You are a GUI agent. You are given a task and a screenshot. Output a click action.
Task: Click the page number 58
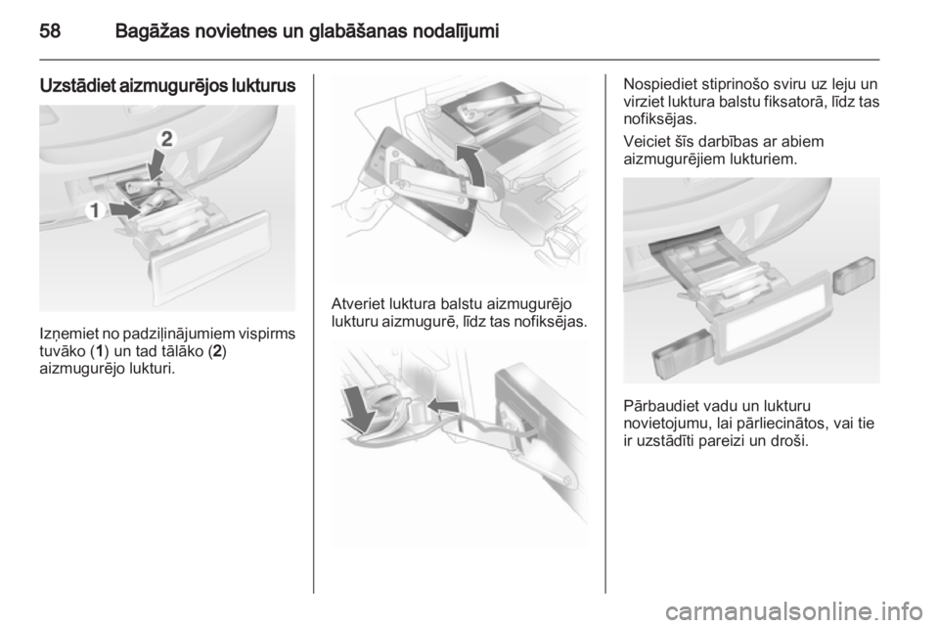[50, 30]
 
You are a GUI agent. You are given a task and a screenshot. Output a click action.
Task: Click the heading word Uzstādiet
[77, 86]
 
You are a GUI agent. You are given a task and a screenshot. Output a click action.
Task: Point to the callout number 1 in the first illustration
[95, 210]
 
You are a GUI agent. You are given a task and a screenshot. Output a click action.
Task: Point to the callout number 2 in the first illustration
[166, 139]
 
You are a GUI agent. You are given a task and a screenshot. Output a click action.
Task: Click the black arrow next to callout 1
[127, 209]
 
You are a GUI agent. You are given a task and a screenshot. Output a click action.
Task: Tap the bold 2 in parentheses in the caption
[217, 351]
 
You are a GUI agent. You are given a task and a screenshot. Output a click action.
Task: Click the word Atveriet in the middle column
[358, 303]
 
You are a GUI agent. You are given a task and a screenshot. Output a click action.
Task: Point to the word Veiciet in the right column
[646, 142]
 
